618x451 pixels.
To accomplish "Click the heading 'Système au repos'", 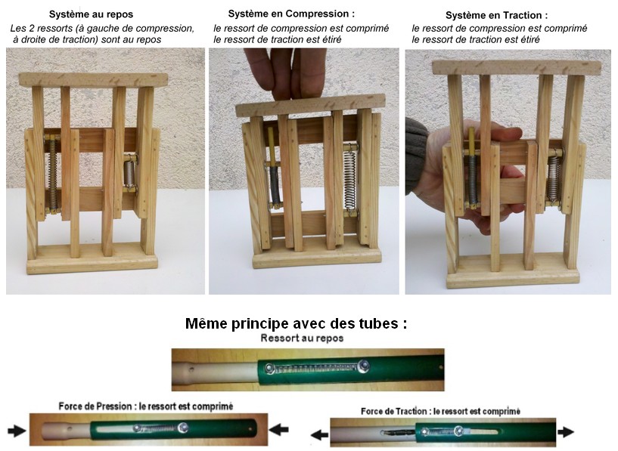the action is click(91, 14).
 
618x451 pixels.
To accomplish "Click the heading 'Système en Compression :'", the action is click(291, 14).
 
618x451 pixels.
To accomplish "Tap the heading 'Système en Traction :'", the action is click(497, 15).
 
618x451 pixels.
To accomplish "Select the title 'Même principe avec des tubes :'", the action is click(296, 323).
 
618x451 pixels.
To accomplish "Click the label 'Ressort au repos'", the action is click(302, 338).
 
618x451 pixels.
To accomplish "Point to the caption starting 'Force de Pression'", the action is click(146, 406).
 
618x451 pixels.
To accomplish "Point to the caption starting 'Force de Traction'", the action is click(441, 411).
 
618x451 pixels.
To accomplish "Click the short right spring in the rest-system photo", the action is click(129, 174).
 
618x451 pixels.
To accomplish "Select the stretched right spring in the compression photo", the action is click(349, 180).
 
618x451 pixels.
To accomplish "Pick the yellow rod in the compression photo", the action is click(271, 146).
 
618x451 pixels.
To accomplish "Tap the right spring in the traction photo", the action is click(554, 178).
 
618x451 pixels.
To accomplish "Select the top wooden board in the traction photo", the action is click(517, 67).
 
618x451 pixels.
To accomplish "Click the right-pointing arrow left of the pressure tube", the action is click(17, 431).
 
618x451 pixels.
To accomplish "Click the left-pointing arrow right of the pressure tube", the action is click(278, 429).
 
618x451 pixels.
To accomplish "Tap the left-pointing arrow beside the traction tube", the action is click(319, 435).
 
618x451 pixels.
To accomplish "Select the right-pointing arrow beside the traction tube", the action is click(566, 431).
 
